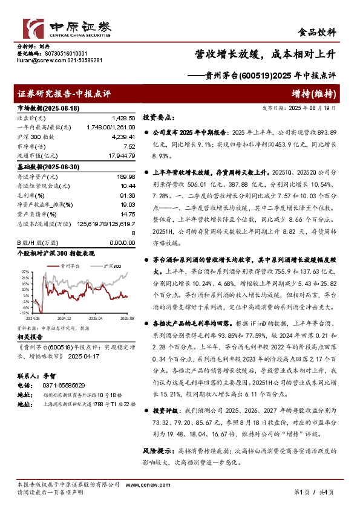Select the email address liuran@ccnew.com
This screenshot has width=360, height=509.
click(37, 60)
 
